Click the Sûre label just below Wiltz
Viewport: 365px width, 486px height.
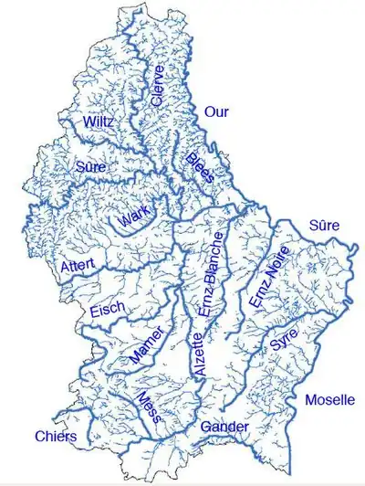(x=91, y=167)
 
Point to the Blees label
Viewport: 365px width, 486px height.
(x=200, y=167)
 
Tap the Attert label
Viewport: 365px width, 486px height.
(x=78, y=267)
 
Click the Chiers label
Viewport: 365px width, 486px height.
(x=55, y=437)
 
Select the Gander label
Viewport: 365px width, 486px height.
(x=225, y=427)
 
